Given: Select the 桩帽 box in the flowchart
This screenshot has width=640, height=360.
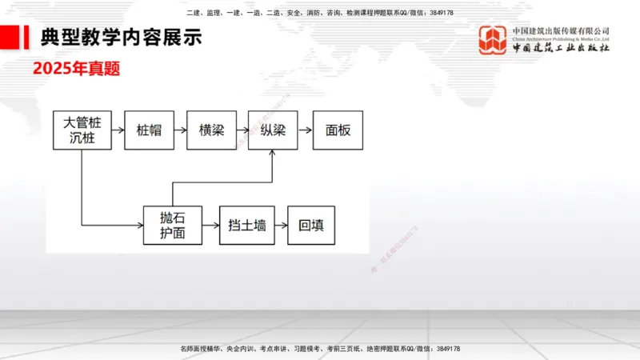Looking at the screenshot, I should [149, 130].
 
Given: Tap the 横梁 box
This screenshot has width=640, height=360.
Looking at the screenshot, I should [211, 130].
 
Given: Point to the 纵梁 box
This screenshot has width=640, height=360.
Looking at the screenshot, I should [273, 130].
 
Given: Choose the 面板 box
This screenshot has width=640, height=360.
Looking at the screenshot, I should [338, 130].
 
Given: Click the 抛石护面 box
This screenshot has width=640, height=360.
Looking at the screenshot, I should [172, 225].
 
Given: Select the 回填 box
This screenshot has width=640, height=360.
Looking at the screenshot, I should [311, 225].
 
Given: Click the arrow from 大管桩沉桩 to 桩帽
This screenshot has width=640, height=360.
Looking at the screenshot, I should [114, 130].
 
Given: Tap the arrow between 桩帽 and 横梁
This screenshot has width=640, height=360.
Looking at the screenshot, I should [180, 130].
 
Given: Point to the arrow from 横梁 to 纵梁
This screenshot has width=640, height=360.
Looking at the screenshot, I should [242, 130].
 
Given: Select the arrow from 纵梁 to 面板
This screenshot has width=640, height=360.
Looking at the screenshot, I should [305, 130].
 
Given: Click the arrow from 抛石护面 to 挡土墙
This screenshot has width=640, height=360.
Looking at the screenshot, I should [210, 225].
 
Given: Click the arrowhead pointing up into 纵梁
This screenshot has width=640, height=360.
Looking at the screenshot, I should [273, 154].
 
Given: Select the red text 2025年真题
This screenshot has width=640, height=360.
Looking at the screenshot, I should [76, 69].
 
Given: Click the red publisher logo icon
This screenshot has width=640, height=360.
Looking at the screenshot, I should [492, 40].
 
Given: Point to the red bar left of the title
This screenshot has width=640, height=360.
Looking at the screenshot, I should [11, 37].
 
